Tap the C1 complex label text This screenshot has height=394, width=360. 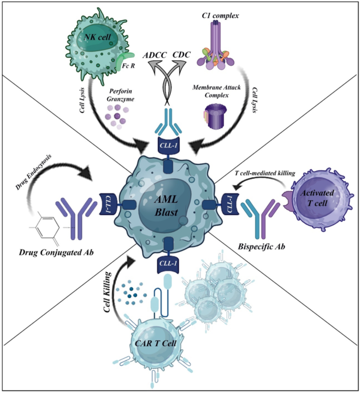coord(217,16)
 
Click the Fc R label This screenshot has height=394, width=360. coord(122,68)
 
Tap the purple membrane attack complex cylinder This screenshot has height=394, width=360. coord(215,117)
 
